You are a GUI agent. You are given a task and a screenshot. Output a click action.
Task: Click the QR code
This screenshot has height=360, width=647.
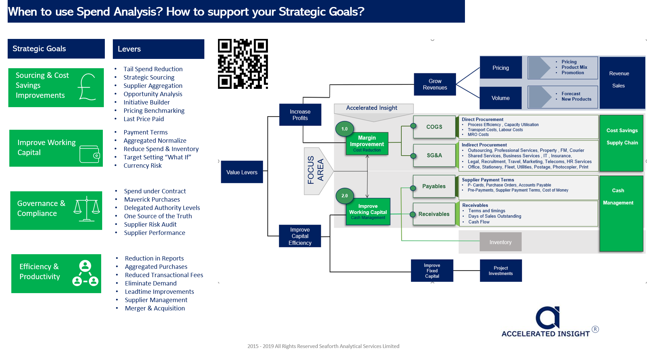point(243,64)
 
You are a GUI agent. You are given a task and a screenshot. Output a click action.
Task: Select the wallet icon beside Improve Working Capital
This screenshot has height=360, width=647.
point(90,154)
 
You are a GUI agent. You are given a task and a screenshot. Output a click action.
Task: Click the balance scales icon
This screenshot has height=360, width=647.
point(87,209)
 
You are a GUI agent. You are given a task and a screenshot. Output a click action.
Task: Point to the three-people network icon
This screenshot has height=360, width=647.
point(85,273)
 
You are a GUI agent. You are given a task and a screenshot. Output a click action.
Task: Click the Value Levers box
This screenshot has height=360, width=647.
point(242,172)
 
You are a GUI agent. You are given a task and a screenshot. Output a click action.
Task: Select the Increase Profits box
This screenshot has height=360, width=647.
point(300,115)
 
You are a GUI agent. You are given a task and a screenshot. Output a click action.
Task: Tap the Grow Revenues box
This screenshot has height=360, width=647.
point(435,85)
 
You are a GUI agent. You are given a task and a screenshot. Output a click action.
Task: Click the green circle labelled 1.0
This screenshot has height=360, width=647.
point(344,129)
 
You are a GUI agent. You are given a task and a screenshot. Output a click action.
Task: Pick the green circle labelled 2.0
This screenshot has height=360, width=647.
point(344,196)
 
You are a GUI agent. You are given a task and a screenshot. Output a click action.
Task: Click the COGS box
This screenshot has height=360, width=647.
point(434,127)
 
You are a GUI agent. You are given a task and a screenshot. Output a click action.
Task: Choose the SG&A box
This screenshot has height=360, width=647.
point(434,155)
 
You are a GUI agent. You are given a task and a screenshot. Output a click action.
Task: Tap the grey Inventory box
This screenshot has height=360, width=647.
point(500,242)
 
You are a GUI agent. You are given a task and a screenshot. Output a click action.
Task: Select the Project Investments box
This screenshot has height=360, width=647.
point(501,270)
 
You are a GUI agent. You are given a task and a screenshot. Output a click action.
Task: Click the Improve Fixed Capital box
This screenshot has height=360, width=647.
point(432,270)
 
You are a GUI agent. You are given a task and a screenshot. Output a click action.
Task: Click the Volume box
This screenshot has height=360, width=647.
point(500,98)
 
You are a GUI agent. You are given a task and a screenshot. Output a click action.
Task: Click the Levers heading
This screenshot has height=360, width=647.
point(129,49)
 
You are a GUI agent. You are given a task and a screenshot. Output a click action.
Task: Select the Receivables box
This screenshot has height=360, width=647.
point(434,214)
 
